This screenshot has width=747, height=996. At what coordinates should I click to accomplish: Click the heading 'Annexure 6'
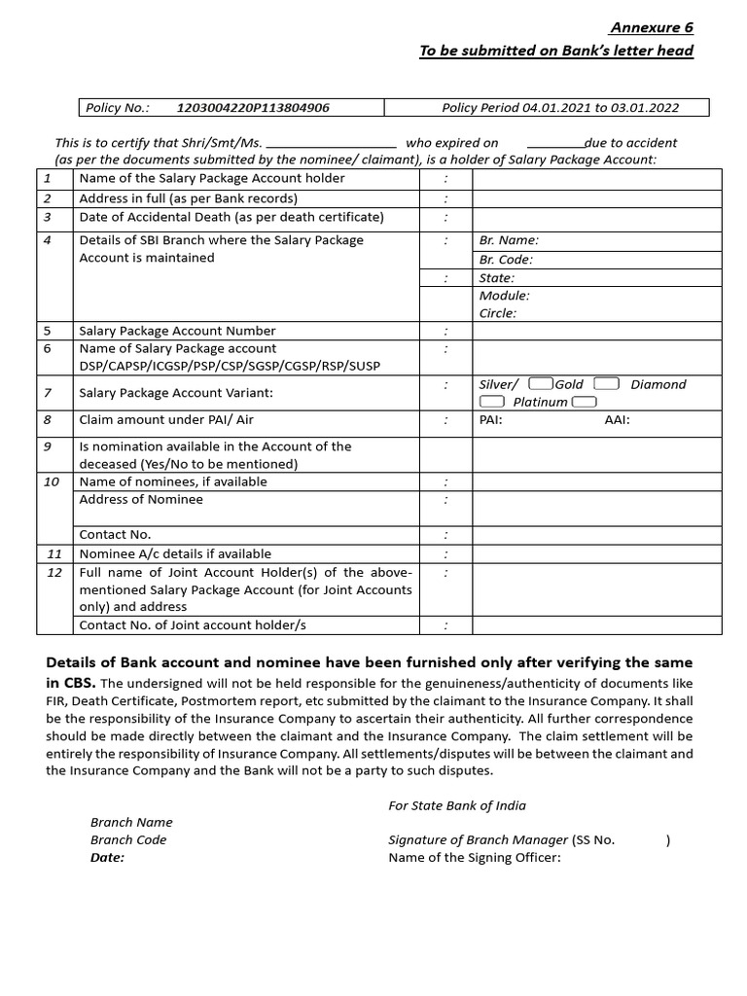coord(652,27)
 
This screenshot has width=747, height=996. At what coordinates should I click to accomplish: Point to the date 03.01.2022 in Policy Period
coord(645,108)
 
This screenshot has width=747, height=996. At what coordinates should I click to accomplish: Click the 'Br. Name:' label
coord(509,240)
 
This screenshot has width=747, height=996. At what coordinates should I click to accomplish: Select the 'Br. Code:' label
coord(507,260)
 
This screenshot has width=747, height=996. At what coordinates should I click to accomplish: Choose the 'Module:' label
coord(505,295)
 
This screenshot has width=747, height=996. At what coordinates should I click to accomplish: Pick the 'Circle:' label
coord(498,313)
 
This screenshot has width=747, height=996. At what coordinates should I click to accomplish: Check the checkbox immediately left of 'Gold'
coord(543,384)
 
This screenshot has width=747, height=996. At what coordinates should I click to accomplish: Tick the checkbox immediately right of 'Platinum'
coord(585,402)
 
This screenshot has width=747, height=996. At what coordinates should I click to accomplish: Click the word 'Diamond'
coord(658,384)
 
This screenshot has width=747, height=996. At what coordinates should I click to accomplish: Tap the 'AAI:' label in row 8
coord(618,420)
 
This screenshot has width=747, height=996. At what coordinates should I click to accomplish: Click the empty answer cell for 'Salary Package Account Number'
coord(596,331)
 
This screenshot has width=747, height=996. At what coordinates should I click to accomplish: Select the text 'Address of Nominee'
coord(141,499)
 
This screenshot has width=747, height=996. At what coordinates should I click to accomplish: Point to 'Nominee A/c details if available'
coord(175,553)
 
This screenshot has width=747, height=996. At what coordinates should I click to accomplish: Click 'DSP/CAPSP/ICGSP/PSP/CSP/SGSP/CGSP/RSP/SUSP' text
coord(230,366)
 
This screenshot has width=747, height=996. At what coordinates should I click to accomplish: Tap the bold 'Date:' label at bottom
coord(108,857)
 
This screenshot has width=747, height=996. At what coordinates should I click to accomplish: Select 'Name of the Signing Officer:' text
coord(475,857)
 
